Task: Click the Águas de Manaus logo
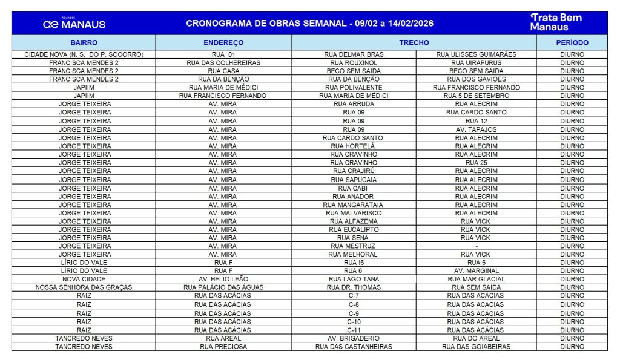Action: coord(74,24)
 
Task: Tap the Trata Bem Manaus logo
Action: coord(556,22)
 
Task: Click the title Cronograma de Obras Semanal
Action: coord(309,24)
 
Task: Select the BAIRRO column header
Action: coord(84,43)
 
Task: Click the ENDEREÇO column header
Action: coord(223,43)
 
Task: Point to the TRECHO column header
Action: coord(414,43)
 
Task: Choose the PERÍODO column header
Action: coord(572,43)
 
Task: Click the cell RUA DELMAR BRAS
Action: coord(354,54)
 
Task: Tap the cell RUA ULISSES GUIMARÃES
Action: coord(476,54)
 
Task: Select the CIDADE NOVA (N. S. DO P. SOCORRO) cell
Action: coord(84,54)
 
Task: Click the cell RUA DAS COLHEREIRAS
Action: coord(223,63)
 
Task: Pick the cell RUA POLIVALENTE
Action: coord(354,88)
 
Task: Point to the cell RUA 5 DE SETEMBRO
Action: coord(476,96)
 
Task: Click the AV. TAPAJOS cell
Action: coord(476,129)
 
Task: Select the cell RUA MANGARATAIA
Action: coord(354,205)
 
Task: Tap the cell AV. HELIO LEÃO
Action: coord(223,279)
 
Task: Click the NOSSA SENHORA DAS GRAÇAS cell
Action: coord(84,287)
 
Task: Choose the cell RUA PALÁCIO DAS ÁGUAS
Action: coord(223,287)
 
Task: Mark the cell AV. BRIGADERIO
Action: coord(354,338)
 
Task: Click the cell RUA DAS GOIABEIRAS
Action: coord(476,347)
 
